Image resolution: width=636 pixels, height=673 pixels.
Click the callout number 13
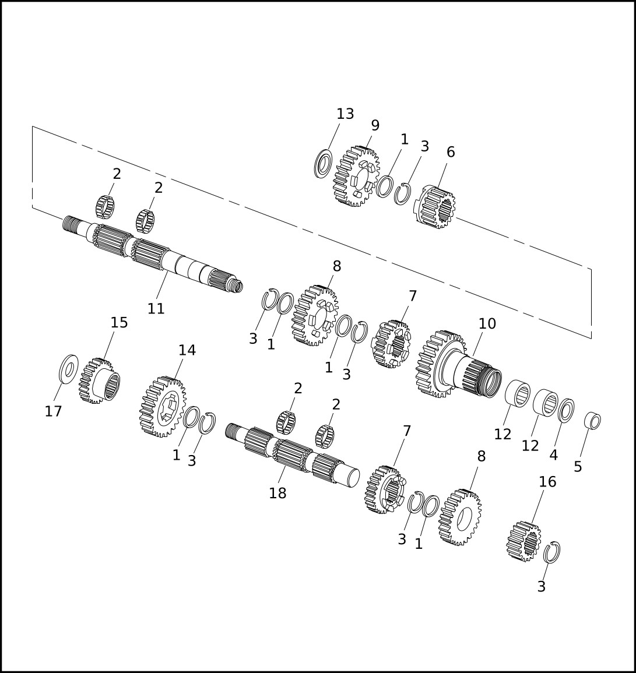tap(345, 114)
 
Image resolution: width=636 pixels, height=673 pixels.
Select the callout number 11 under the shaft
tap(156, 309)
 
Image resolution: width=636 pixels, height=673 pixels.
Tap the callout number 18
tap(277, 494)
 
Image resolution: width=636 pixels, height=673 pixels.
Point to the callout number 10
tap(487, 323)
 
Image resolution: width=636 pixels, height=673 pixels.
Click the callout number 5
tap(578, 467)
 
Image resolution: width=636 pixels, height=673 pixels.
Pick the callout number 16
tap(547, 482)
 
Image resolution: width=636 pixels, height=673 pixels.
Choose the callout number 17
tap(53, 411)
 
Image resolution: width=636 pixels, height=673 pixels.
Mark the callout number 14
tap(187, 350)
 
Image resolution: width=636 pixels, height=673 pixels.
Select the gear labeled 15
tap(99, 381)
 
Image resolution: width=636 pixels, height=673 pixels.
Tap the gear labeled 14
tap(162, 407)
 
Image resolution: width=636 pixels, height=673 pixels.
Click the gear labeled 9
tap(356, 176)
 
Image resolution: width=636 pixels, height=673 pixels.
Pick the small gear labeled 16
tap(523, 541)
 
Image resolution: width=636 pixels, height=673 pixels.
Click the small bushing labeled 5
tap(593, 420)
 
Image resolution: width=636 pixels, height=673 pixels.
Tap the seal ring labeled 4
tap(566, 410)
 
